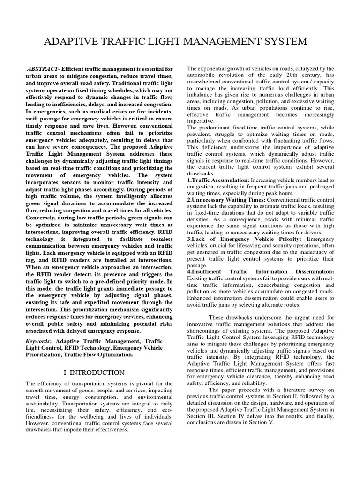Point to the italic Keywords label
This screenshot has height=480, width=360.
coord(39,342)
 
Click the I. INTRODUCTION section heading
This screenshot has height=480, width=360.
coord(94,372)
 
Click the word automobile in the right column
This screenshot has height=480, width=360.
coord(203,75)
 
